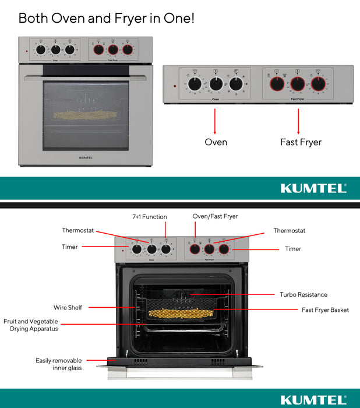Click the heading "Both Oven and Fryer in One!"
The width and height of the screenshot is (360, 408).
point(107,18)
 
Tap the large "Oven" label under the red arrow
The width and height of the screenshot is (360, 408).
point(216,142)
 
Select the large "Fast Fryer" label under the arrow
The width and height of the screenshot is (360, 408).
point(301,142)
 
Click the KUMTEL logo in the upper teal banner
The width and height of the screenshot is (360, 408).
point(313,188)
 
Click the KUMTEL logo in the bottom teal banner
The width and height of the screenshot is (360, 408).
point(313,399)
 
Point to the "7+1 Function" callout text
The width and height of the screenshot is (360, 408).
point(149,217)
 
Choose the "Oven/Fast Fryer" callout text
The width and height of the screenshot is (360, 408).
point(215,217)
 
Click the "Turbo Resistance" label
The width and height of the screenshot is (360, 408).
point(303,295)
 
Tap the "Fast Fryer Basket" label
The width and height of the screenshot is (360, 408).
point(325,310)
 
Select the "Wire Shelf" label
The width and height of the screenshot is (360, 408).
point(68,307)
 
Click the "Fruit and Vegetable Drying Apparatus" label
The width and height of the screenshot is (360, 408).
point(30,325)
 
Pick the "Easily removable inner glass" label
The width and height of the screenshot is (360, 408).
point(59,364)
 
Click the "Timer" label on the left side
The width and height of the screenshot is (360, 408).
point(70,247)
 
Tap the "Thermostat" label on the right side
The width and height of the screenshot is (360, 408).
point(290,231)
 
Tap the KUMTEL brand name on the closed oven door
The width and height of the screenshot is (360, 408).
point(86,157)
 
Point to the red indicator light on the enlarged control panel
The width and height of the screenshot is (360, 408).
point(174,87)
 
